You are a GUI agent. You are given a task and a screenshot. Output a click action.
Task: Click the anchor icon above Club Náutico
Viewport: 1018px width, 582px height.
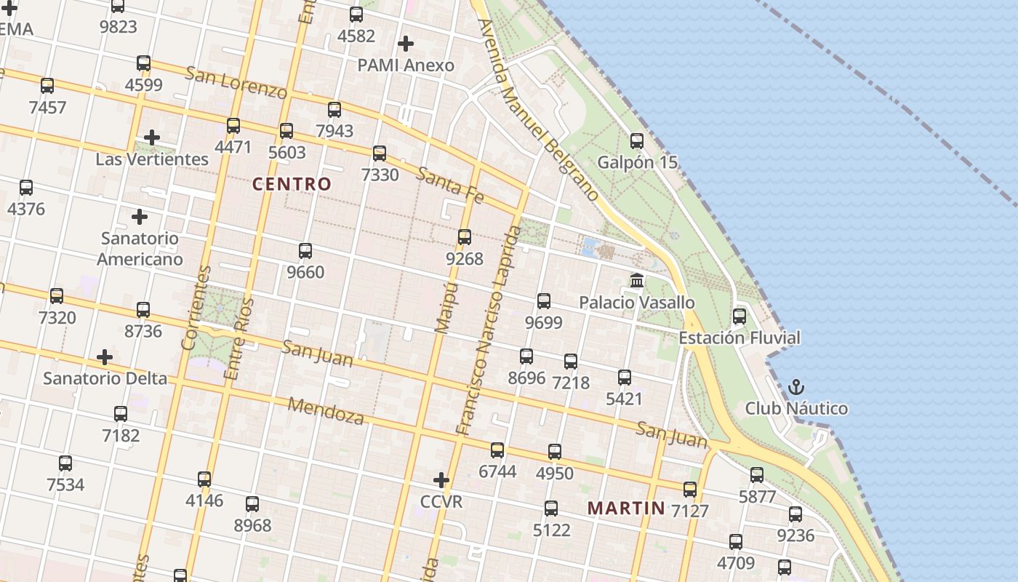[x=796, y=386]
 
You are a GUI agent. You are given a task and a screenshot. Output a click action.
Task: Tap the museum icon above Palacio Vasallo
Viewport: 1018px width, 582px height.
[x=637, y=280]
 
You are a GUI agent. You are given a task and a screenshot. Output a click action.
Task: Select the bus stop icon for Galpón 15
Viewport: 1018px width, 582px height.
[x=637, y=140]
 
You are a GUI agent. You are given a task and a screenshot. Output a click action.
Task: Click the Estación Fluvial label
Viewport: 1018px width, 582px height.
[x=739, y=338]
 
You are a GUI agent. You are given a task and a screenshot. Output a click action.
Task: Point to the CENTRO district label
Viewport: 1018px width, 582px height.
[x=292, y=184]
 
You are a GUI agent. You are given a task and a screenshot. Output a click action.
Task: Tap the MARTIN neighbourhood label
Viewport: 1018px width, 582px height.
[x=626, y=508]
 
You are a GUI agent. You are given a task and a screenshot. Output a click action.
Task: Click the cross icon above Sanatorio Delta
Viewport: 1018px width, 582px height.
[x=105, y=357]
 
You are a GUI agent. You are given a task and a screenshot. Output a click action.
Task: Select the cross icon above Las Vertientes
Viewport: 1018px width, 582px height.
[x=151, y=137]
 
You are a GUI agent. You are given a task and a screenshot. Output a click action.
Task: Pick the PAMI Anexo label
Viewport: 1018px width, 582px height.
[x=405, y=65]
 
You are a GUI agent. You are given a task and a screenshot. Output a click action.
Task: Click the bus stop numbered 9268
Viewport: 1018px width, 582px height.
[x=465, y=237]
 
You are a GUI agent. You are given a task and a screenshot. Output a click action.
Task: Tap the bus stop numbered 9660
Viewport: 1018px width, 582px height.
[x=305, y=251]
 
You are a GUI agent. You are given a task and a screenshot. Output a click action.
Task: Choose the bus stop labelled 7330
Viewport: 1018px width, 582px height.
[x=380, y=154]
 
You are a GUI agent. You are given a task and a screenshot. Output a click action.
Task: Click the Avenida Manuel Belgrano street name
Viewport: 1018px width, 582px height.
[x=538, y=109]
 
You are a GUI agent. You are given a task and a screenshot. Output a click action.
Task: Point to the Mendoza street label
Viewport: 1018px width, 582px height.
[x=325, y=411]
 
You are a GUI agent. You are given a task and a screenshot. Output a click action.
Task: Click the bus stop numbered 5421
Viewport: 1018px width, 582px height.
[x=625, y=378]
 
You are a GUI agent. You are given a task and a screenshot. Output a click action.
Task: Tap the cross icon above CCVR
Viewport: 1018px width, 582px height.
[x=441, y=480]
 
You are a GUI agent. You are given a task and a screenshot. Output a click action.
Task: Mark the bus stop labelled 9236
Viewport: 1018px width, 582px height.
[x=795, y=514]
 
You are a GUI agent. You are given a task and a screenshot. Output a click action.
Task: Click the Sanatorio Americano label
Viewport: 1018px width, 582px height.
[x=140, y=248]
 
